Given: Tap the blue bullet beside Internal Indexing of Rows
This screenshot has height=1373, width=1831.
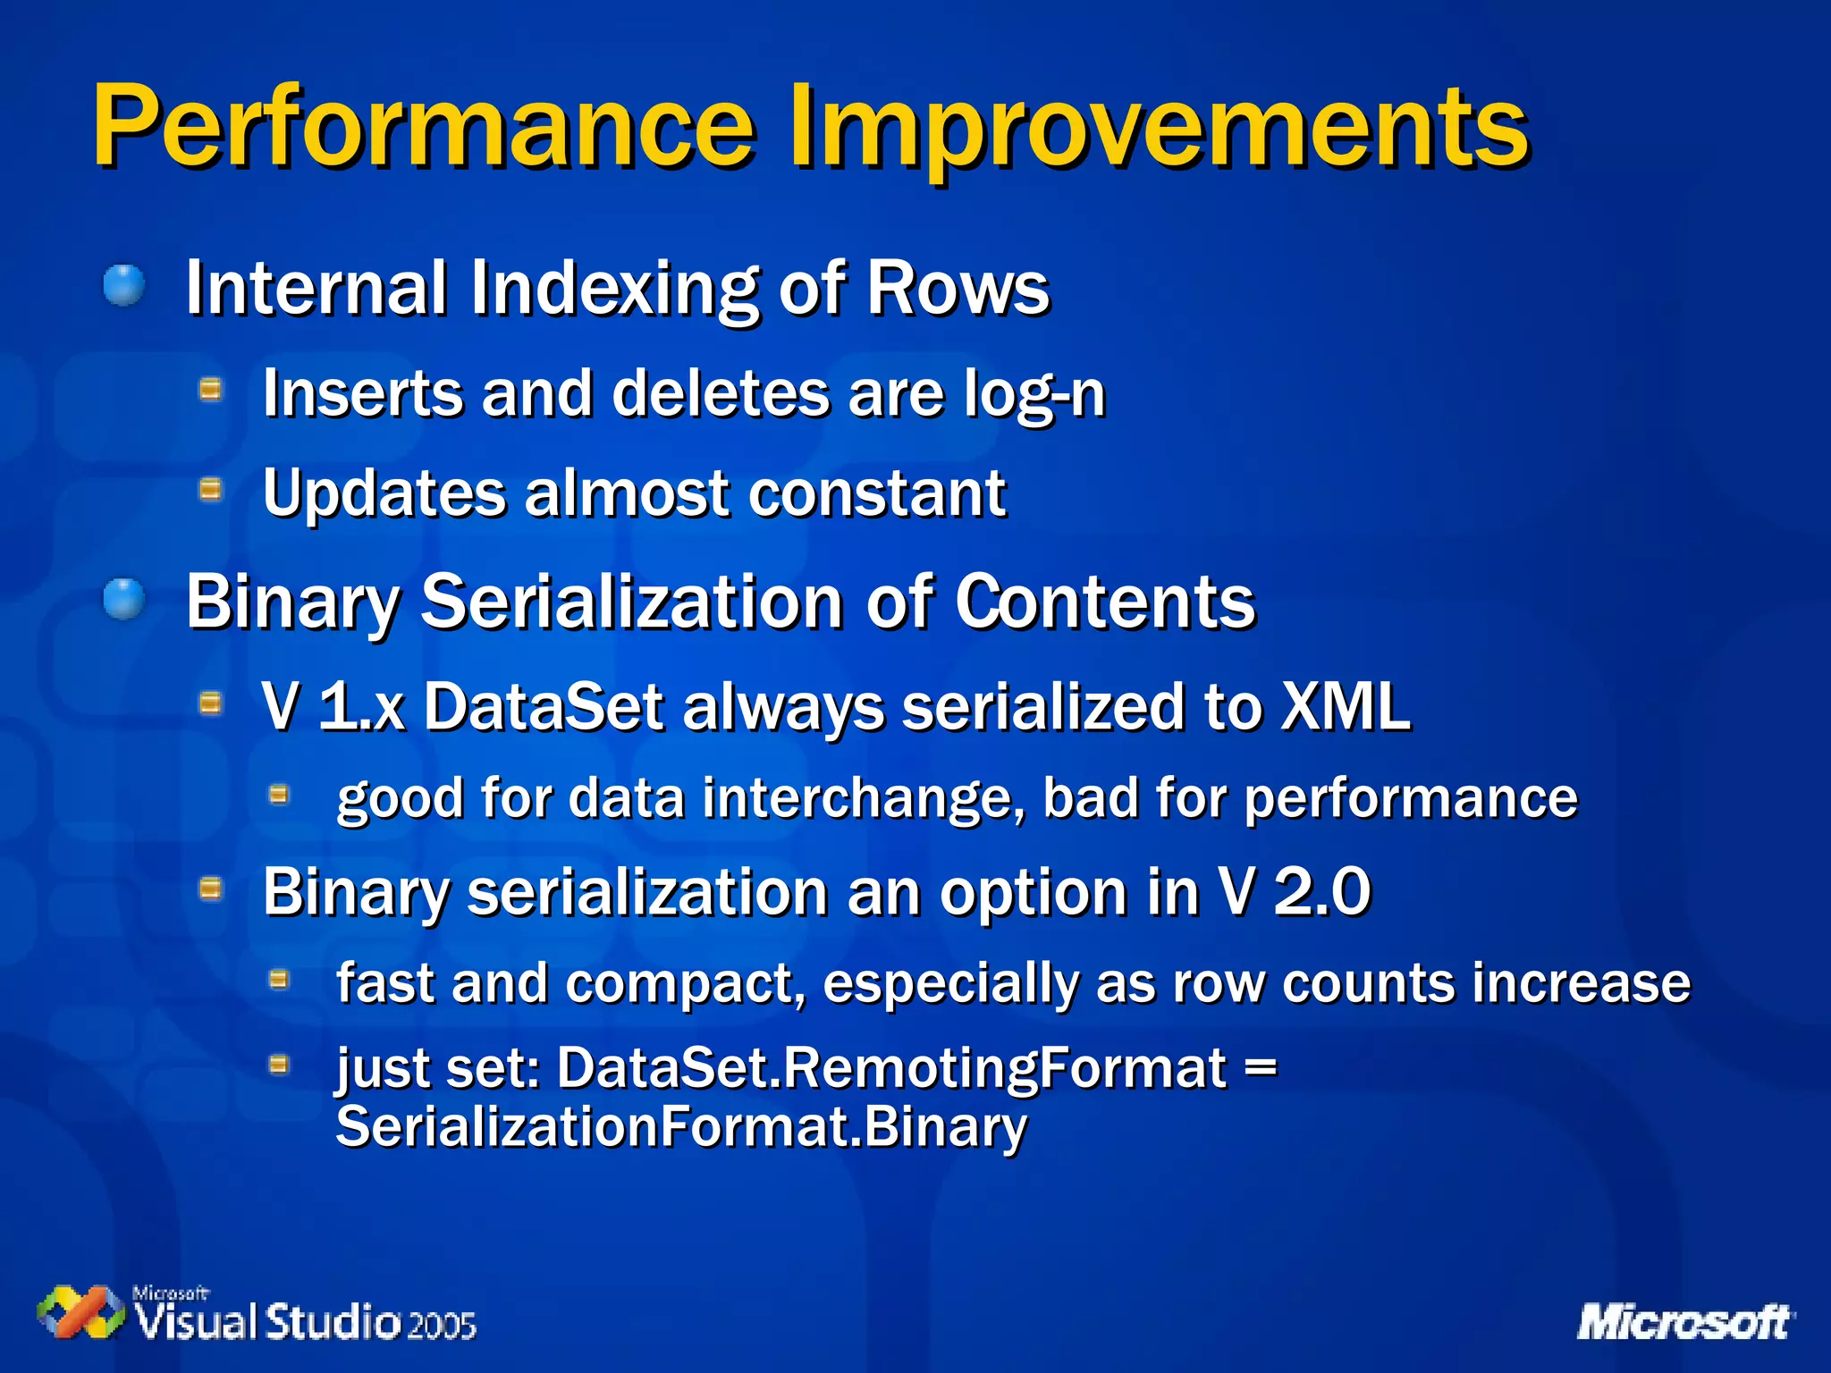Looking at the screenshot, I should click(123, 286).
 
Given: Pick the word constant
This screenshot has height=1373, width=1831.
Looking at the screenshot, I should click(877, 493).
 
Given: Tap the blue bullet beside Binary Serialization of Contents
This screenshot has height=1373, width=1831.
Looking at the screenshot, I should click(123, 598).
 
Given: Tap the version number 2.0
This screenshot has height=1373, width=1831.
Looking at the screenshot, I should click(1322, 891).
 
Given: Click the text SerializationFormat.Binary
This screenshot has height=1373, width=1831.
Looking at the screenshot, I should click(681, 1126).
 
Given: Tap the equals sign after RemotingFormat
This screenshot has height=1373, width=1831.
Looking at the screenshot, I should click(1261, 1067).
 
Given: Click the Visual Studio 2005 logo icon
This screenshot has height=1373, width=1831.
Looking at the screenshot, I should click(80, 1312).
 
